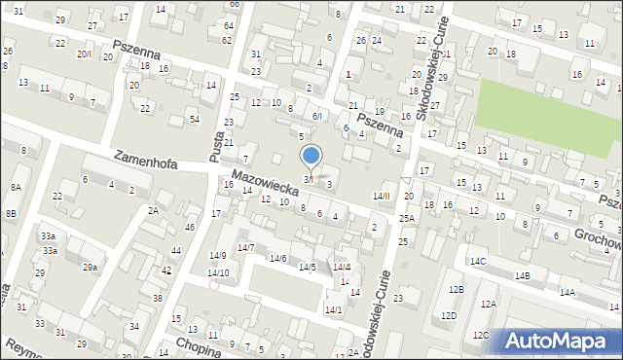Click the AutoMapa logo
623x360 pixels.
(x=559, y=341)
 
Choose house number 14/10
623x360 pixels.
(x=218, y=272)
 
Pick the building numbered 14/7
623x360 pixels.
(x=245, y=248)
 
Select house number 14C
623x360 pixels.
(x=478, y=261)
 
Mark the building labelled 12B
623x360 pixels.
(x=456, y=289)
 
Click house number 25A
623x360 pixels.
(x=406, y=218)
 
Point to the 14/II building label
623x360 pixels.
(x=381, y=196)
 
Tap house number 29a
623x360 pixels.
(x=90, y=267)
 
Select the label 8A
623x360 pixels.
(x=16, y=186)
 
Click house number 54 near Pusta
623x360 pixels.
(x=195, y=119)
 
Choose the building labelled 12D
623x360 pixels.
(x=448, y=315)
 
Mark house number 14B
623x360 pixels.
(x=523, y=276)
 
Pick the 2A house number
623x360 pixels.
(x=153, y=210)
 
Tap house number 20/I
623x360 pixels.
(x=85, y=54)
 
